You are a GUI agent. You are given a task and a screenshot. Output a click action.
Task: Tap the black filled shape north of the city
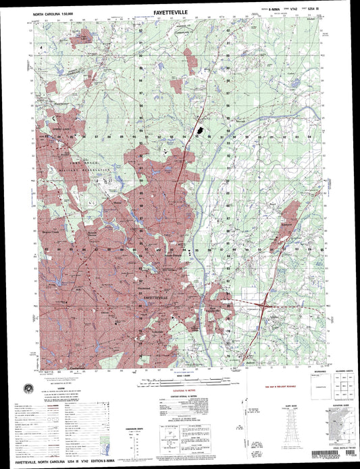200,130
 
